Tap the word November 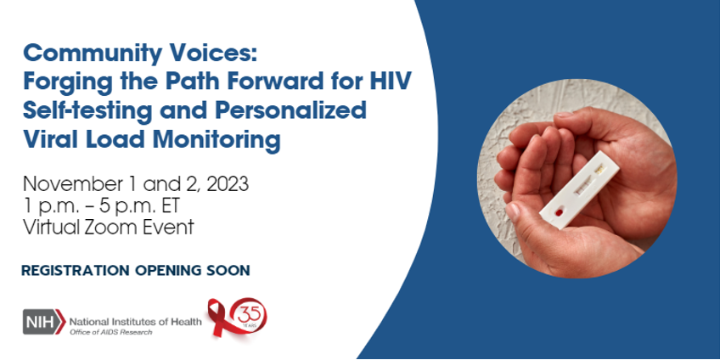70,184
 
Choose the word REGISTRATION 76,271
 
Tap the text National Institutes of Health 136,322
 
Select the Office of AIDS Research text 110,332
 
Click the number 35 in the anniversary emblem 250,315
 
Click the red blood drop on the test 559,212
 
